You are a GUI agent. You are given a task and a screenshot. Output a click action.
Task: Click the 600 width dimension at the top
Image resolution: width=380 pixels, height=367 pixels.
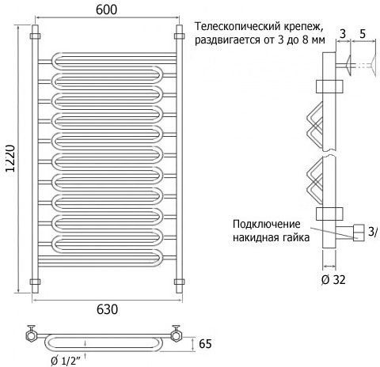click(x=106, y=9)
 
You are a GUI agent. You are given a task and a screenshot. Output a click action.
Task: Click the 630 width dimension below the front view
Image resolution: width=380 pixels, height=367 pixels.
click(x=107, y=309)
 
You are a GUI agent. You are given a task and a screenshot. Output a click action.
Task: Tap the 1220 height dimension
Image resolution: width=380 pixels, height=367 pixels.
click(x=11, y=158)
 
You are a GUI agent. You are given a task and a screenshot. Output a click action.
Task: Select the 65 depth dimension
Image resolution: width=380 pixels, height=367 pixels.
click(x=205, y=344)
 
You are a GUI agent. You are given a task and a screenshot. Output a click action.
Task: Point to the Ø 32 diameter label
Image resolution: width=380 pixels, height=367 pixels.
click(x=333, y=280)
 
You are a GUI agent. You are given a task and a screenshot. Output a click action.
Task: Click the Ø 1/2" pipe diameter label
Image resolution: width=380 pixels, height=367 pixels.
click(x=65, y=361)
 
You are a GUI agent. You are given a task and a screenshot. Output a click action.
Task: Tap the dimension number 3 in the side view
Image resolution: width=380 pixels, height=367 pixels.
click(x=343, y=34)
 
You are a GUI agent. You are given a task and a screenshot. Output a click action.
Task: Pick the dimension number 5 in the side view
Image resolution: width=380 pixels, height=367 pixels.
click(x=363, y=34)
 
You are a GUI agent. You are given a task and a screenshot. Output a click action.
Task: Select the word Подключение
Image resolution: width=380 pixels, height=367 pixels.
click(x=267, y=225)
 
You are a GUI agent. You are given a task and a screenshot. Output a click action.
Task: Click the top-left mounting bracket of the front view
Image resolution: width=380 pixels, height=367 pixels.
click(x=35, y=36)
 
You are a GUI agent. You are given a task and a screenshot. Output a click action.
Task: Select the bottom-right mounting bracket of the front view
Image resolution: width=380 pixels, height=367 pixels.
click(x=179, y=282)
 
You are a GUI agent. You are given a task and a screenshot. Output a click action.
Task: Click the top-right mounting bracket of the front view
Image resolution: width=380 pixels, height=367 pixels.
click(x=179, y=36)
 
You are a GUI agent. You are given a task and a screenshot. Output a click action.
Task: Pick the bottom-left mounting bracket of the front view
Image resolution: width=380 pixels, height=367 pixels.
click(x=35, y=282)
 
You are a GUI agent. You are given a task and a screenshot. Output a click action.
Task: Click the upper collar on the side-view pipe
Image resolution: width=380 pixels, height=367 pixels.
click(x=329, y=87)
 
